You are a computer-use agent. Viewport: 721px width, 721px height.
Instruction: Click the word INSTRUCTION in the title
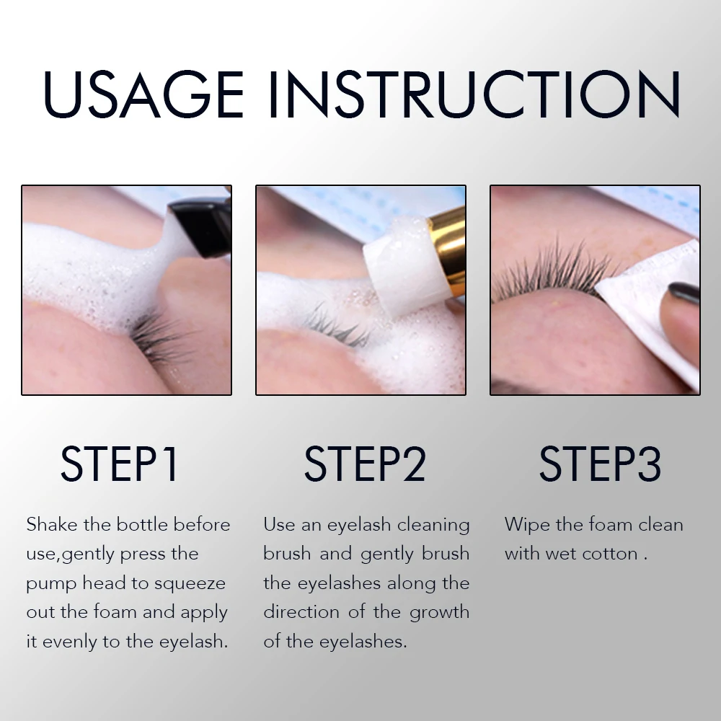[474, 94]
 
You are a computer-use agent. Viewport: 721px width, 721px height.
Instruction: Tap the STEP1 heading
[120, 464]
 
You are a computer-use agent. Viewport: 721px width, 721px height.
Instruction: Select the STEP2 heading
[365, 464]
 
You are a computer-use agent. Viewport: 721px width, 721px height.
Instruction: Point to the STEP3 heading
[600, 464]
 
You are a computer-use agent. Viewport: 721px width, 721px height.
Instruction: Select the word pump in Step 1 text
[50, 584]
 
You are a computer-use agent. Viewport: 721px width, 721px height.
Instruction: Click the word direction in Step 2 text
[304, 612]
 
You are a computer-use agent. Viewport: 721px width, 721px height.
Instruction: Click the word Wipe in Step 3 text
[527, 524]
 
